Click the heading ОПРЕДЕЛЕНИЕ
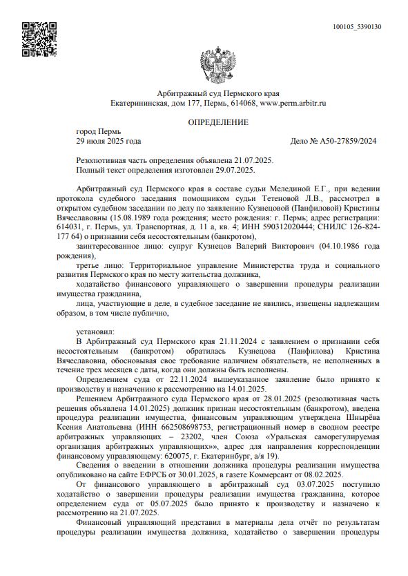pyautogui.click(x=217, y=122)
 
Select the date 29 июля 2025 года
pyautogui.click(x=108, y=141)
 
